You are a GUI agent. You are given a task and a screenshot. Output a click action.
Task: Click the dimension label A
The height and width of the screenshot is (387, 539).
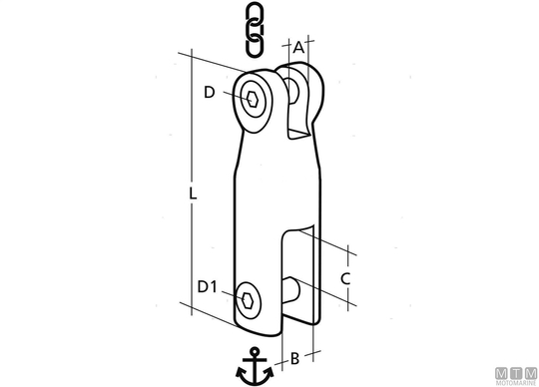[x=298, y=48]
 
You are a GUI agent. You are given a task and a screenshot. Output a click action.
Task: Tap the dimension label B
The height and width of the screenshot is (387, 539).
[x=294, y=358]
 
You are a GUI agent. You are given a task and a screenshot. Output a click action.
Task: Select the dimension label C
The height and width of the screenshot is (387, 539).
[x=345, y=278]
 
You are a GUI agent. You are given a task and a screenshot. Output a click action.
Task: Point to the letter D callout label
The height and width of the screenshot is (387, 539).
[x=210, y=93]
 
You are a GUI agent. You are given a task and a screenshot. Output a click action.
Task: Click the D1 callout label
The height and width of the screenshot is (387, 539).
[x=207, y=286]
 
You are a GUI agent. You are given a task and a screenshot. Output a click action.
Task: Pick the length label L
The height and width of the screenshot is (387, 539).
[x=194, y=193]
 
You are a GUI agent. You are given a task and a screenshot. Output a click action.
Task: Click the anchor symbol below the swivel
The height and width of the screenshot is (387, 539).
[x=255, y=366]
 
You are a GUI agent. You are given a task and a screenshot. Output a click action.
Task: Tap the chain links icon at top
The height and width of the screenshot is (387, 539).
[x=256, y=29]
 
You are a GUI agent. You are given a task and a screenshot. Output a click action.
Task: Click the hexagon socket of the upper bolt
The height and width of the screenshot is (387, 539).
[x=253, y=99]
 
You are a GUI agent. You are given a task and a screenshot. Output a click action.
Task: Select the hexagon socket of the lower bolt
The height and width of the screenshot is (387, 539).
[x=248, y=301]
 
